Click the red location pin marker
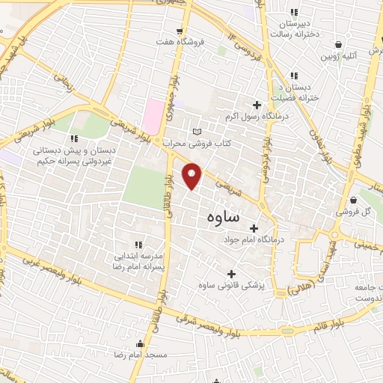pos(193,175)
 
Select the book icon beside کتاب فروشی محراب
pos(197,132)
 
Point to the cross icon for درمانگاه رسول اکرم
pos(257,105)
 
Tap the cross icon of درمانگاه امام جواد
pos(253,228)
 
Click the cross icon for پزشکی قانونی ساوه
pos(231,274)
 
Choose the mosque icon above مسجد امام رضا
pos(141,344)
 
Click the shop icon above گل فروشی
pos(352,200)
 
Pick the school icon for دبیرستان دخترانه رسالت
pos(294,12)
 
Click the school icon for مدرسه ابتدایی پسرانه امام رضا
pos(138,245)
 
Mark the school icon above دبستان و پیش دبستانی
pos(73,138)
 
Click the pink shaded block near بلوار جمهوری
pos(153,116)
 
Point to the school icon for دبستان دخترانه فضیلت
pos(294,75)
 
